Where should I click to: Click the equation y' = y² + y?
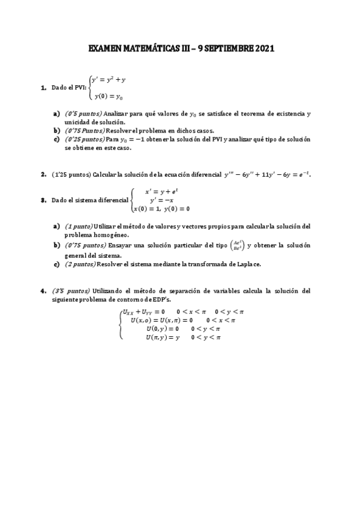coord(109,79)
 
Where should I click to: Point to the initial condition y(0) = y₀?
coord(109,96)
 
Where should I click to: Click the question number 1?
coord(44,88)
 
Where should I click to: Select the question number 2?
coord(44,175)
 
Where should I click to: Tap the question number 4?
coord(44,290)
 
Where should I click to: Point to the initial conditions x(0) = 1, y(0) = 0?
coord(162,209)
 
